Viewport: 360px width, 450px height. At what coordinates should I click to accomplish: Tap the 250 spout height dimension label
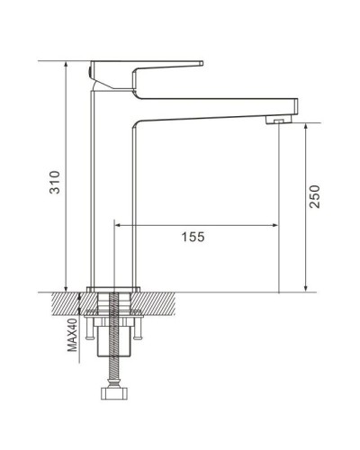coord(314,197)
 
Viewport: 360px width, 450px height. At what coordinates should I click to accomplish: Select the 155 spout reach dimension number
coord(193,237)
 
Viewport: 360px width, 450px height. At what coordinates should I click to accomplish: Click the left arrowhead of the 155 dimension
coord(119,224)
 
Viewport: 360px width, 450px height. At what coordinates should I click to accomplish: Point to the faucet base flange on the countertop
coord(113,288)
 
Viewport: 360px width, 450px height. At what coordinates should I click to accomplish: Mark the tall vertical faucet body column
coord(112,189)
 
